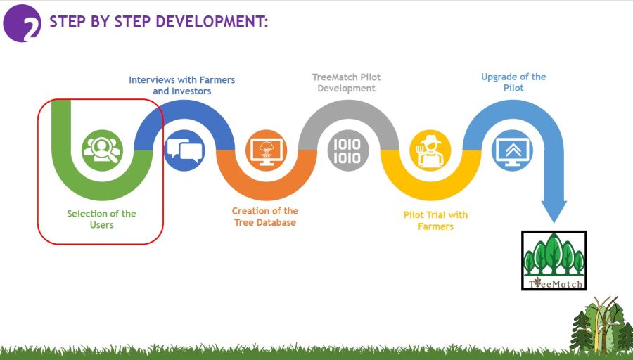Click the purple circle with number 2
[22, 23]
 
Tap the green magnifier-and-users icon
[102, 150]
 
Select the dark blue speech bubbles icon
[184, 150]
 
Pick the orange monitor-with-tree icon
[267, 150]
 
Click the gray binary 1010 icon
[348, 150]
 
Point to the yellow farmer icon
[430, 150]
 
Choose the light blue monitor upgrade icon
[512, 150]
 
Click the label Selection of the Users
[102, 219]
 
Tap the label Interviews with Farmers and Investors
[182, 86]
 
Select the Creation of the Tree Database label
[265, 217]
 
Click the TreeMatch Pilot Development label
[346, 82]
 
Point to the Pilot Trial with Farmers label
[435, 220]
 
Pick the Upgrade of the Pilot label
[513, 82]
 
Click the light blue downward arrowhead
[554, 211]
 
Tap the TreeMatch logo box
[554, 260]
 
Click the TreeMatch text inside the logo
[556, 283]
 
